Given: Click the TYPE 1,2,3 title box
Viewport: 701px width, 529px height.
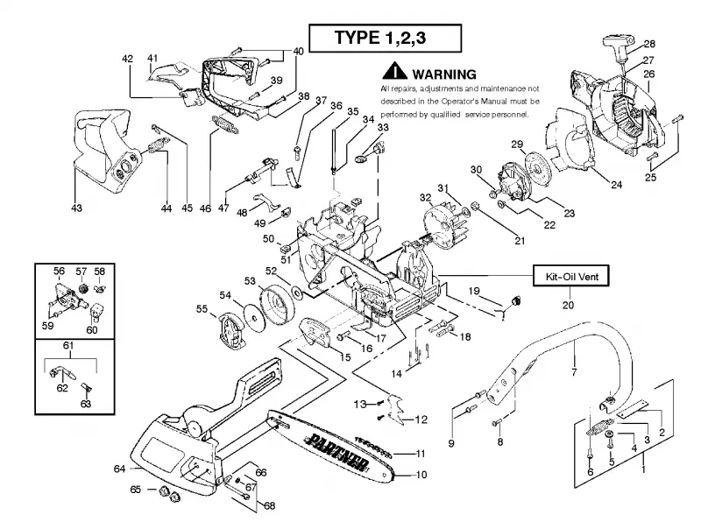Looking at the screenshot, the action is tap(385, 38).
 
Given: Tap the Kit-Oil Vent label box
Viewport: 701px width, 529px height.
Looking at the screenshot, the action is tap(571, 276).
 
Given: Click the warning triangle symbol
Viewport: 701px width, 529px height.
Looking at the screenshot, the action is tap(394, 72).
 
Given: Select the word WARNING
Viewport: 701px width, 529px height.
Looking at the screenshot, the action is tap(444, 74).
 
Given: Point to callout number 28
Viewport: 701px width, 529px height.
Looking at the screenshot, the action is tap(649, 44).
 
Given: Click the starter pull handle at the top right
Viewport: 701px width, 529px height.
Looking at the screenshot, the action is tap(616, 46).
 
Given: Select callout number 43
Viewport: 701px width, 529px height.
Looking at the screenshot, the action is tap(76, 208).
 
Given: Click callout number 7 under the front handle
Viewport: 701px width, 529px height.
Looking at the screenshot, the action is tap(574, 371).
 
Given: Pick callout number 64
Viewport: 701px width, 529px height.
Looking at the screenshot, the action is tap(119, 469).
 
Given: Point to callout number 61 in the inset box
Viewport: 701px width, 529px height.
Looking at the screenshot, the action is tap(68, 345).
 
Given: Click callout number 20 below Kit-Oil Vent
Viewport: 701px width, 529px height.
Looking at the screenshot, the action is tap(568, 305).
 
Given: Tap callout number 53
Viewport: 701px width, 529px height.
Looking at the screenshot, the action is tap(250, 281).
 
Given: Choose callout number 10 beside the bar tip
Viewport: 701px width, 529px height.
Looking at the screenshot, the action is tap(421, 475).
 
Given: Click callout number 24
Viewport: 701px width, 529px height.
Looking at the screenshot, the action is tap(617, 185).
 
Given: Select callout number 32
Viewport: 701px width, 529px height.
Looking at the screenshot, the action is tap(426, 197).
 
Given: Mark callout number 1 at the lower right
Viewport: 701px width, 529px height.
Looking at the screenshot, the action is tap(643, 469).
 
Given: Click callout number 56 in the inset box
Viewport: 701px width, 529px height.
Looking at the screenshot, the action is tap(59, 271).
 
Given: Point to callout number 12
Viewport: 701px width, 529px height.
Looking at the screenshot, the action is tap(421, 420).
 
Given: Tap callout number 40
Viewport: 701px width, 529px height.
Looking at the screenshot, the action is tap(298, 52).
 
